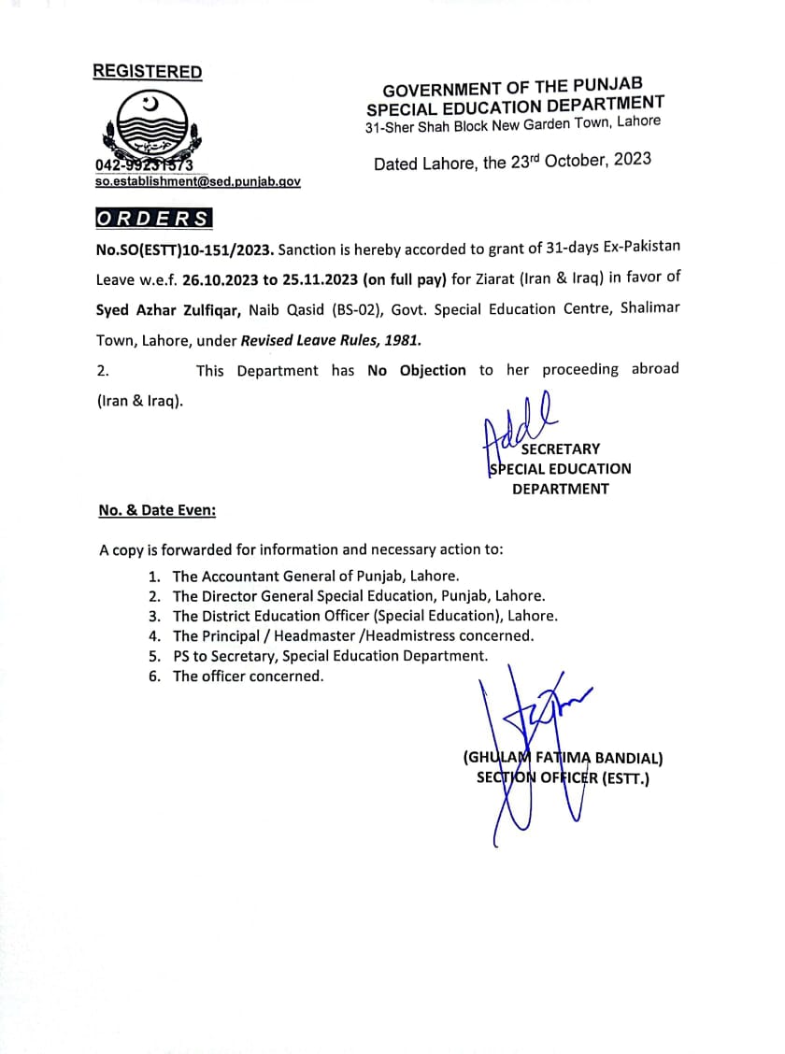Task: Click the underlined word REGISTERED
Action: tap(147, 72)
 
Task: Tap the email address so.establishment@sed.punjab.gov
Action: tap(197, 182)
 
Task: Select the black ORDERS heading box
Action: tap(153, 219)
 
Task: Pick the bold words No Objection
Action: tap(417, 370)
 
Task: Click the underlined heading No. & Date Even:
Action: tap(157, 510)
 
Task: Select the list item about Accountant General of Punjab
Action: tap(316, 577)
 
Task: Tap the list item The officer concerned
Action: tap(248, 676)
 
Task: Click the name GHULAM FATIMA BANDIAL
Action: tap(563, 759)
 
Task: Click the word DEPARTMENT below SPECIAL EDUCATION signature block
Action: tap(560, 489)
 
